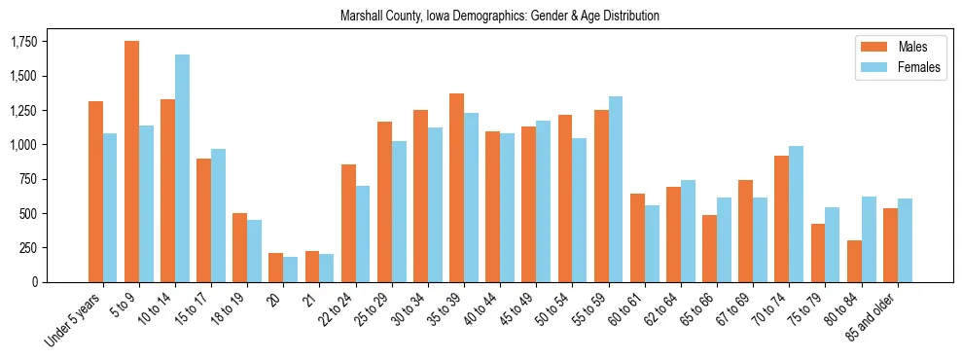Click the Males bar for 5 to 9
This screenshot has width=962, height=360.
click(131, 162)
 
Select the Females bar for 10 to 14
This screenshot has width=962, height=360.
click(182, 168)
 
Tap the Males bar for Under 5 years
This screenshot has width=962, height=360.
click(95, 192)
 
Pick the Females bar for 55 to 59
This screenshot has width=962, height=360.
click(616, 189)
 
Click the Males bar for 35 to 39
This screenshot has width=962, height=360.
click(456, 188)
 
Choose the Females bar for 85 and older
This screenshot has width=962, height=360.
click(905, 240)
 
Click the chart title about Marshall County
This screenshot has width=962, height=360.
click(500, 16)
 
